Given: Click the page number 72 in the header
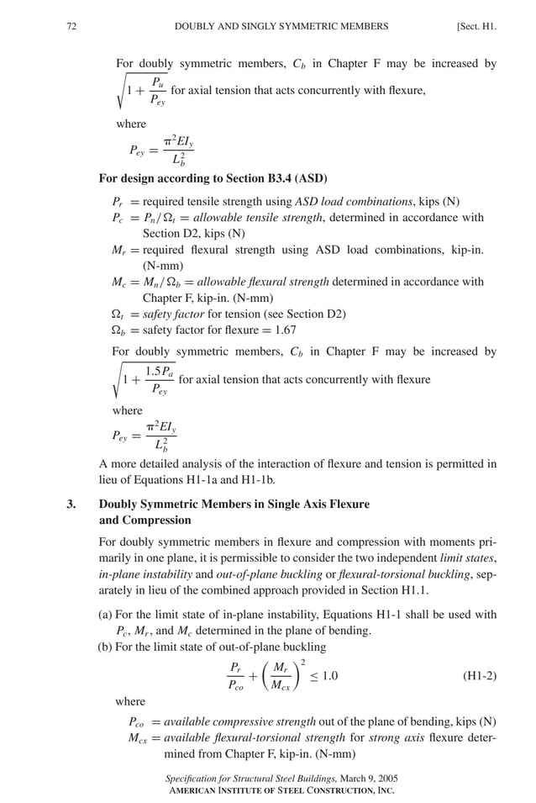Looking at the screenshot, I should pos(71,26).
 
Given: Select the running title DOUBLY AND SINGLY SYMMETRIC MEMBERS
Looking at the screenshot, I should pos(281,26).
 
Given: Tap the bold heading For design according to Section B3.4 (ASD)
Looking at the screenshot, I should pos(213,178).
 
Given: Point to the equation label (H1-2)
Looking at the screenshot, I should pos(480,675).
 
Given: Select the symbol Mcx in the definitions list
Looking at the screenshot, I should pos(137,737).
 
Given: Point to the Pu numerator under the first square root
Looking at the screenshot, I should pos(157,82).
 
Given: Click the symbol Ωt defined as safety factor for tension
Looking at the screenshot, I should pos(119,314).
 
